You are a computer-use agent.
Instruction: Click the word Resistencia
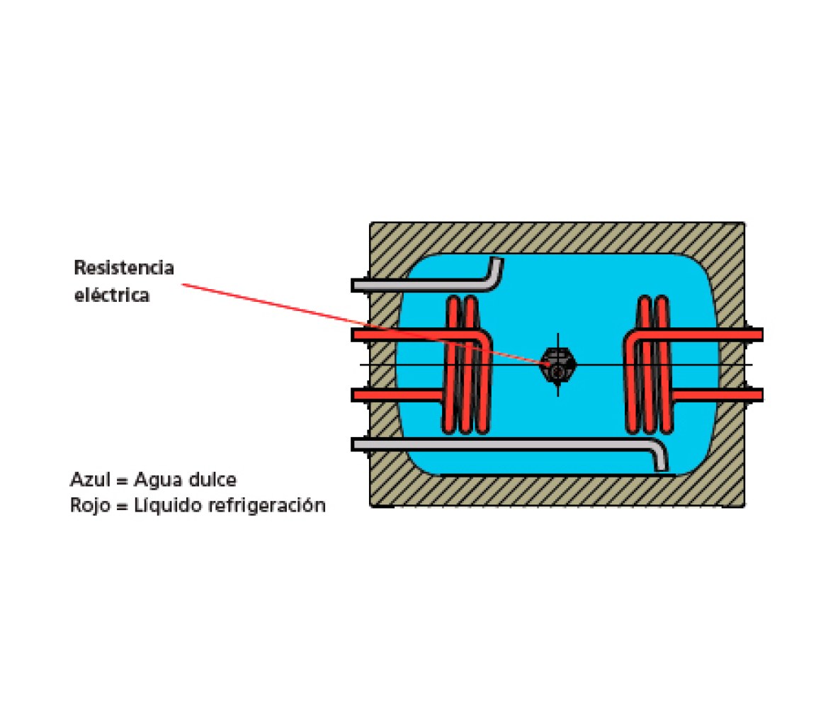coord(124,267)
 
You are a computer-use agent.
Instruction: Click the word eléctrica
coord(112,295)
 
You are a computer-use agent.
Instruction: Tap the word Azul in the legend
coord(91,480)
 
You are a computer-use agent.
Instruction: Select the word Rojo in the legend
coord(90,505)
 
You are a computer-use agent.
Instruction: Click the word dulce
coord(210,480)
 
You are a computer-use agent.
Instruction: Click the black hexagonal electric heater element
coord(557,365)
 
